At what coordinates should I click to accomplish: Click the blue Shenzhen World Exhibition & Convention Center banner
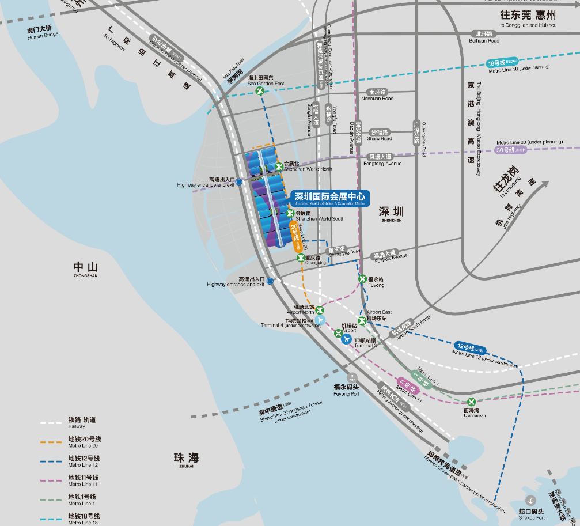pos(329,198)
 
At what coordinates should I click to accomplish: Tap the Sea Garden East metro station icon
pos(260,90)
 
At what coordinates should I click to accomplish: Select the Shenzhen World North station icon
pos(279,166)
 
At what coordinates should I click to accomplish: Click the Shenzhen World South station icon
pos(290,214)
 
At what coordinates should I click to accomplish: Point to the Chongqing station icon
pos(301,258)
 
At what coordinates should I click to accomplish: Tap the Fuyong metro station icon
pos(362,279)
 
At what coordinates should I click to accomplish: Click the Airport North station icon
pos(320,310)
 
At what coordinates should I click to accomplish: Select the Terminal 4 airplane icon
pos(321,320)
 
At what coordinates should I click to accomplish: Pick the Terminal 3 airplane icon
pos(346,339)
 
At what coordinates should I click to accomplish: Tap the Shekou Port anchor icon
pos(530,500)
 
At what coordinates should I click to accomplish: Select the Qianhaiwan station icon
pos(471,402)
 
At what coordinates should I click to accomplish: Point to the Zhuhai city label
pos(185,459)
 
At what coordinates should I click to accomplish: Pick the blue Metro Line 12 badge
pos(471,349)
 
